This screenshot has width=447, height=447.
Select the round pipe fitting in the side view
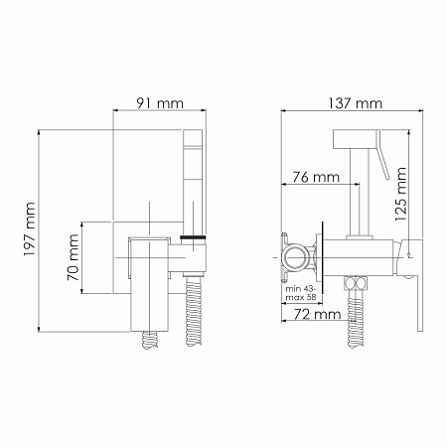coord(296,256)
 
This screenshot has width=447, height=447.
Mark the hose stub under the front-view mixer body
coord(152,338)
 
